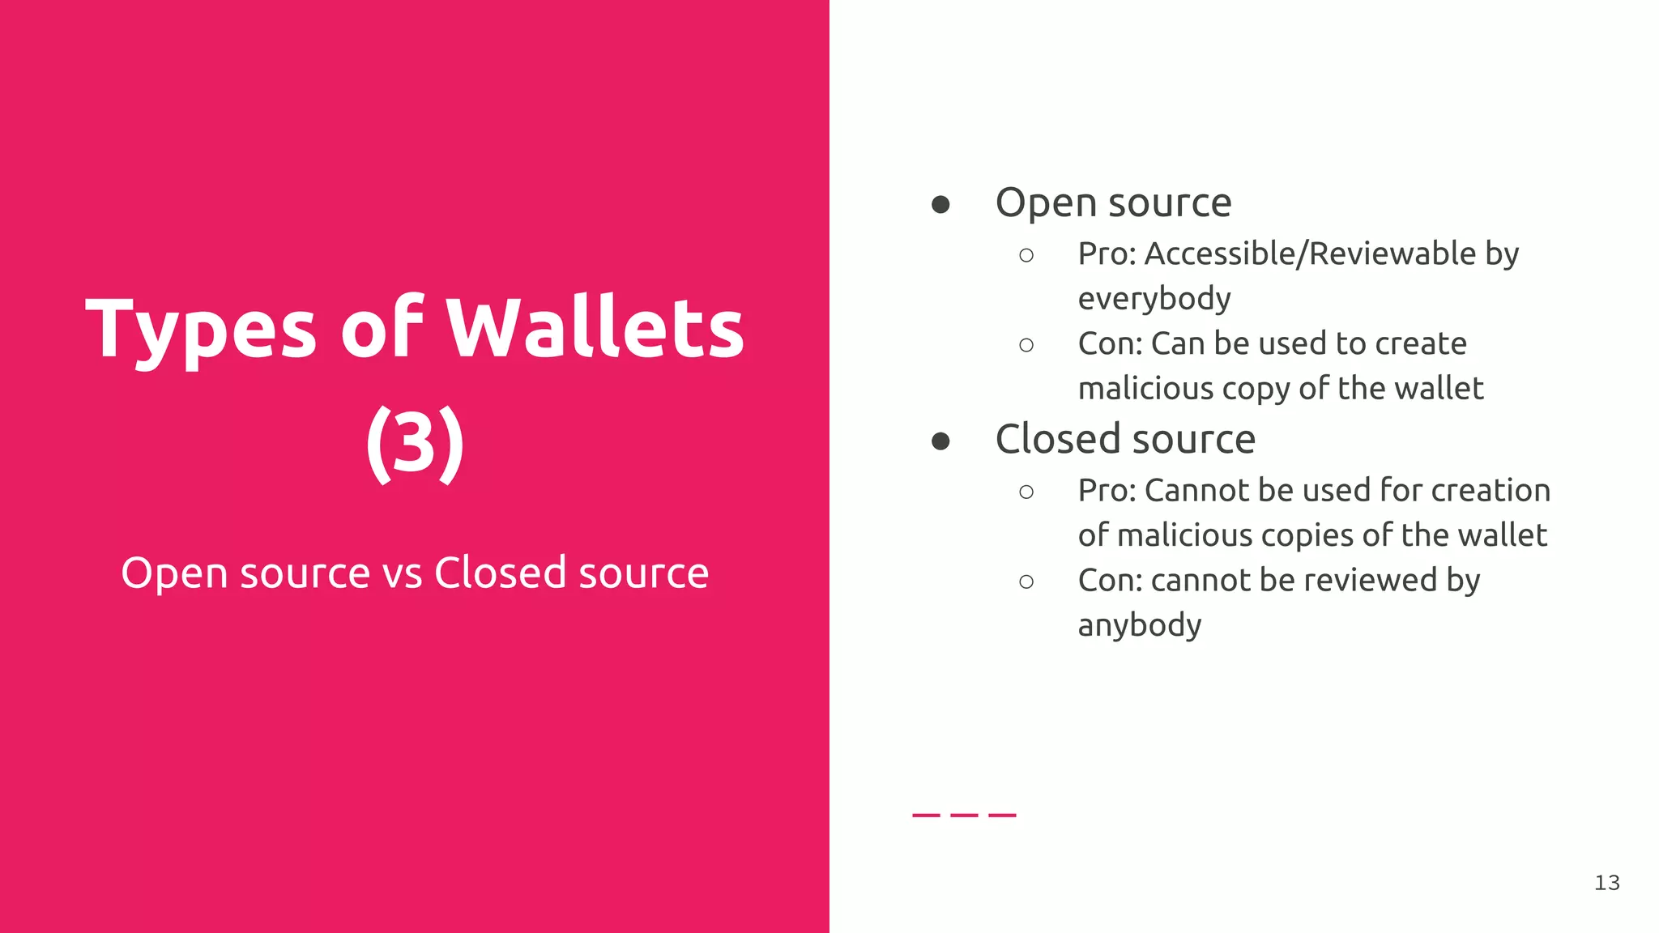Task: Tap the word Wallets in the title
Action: click(596, 328)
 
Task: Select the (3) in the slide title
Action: click(415, 443)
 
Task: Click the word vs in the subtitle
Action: click(402, 573)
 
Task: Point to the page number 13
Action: click(1606, 883)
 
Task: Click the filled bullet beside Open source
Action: click(940, 204)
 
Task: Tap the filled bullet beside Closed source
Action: click(940, 441)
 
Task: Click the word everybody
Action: click(1154, 299)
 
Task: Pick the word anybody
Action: click(1140, 625)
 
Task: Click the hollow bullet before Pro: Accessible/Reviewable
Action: click(1026, 256)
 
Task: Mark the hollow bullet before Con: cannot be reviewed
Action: click(1026, 582)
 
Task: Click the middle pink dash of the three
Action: click(964, 815)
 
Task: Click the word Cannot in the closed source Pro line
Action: click(1195, 491)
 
